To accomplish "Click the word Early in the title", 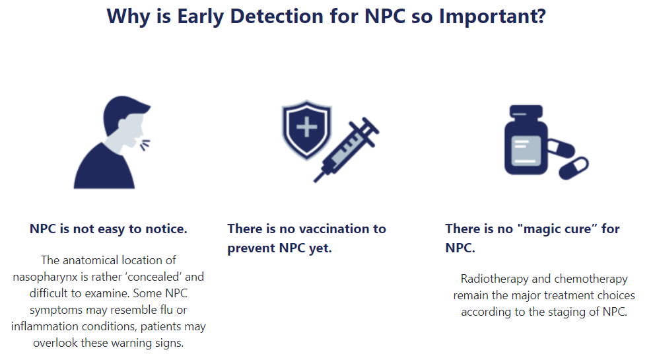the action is point(200,17).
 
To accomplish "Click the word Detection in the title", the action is point(276,17).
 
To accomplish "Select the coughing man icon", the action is point(112,142).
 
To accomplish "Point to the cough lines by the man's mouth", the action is point(145,145).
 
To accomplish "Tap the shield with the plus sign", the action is point(307,129).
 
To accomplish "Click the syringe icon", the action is point(347,149).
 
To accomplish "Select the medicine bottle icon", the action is point(526,140).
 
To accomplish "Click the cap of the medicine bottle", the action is point(526,112).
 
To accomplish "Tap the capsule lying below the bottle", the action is point(574,168).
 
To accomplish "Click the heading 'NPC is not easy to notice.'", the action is point(108,229).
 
